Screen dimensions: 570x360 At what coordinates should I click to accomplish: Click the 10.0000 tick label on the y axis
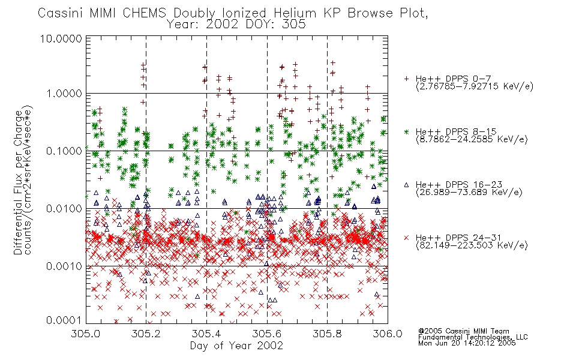(x=61, y=38)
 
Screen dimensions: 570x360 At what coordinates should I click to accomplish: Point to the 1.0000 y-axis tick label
(x=64, y=94)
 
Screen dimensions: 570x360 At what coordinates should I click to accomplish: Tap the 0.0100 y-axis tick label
(x=64, y=209)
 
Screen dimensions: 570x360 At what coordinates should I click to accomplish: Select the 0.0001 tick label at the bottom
(x=64, y=320)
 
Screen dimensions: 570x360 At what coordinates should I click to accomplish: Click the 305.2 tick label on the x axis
(x=146, y=334)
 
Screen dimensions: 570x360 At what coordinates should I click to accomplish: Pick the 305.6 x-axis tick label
(x=266, y=334)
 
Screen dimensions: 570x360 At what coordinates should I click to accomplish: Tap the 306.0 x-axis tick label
(x=387, y=334)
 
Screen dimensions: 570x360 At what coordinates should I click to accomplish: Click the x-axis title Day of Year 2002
(x=236, y=345)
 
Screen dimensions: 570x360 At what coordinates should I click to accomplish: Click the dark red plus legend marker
(x=406, y=79)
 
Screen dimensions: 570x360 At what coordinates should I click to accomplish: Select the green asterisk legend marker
(x=406, y=131)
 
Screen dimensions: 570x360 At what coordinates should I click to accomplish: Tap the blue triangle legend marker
(x=406, y=185)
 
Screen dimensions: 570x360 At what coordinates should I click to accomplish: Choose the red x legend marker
(x=406, y=238)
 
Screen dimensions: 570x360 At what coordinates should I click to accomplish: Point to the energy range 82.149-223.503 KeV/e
(x=472, y=245)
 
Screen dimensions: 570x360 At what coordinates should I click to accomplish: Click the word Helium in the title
(x=295, y=13)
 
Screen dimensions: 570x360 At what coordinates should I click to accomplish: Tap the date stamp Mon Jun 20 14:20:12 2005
(x=467, y=343)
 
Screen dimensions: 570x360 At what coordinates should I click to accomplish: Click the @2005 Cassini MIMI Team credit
(x=463, y=331)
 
